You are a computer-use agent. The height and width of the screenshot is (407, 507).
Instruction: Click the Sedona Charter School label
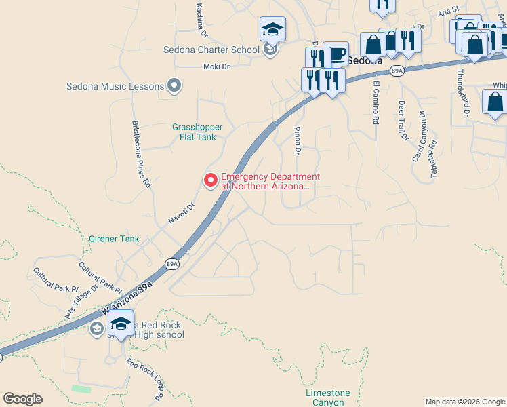[211, 50]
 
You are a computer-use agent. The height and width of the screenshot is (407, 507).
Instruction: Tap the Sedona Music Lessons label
[115, 86]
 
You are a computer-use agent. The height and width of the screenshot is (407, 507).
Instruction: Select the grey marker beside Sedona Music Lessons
[175, 85]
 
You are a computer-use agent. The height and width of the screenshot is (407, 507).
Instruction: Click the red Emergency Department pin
[211, 180]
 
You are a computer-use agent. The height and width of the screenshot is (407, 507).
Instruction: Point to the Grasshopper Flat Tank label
[197, 132]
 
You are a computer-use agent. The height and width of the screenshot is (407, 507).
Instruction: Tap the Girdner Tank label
[114, 239]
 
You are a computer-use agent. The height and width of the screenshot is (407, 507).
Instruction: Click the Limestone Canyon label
[328, 398]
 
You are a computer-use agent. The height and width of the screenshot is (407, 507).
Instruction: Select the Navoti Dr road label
[181, 213]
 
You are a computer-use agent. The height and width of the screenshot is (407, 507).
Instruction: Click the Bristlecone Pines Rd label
[142, 154]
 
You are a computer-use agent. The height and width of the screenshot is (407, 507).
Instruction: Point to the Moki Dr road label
[218, 66]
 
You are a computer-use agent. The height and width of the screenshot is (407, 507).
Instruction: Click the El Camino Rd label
[376, 103]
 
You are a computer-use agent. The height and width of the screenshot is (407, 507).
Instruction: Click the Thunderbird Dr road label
[462, 93]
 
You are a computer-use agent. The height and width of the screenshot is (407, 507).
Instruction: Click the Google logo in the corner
[22, 399]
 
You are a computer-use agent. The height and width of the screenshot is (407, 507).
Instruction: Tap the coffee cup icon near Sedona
[336, 54]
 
